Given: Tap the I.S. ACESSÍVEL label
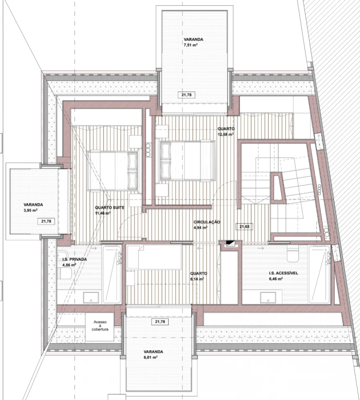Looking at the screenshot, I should pos(284,273).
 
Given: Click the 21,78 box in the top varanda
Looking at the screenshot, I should pos(186,95).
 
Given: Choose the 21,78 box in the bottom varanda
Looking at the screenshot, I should pos(160,322).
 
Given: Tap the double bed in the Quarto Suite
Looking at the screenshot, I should pos(113,170).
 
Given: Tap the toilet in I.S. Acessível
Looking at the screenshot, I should pos(292,252).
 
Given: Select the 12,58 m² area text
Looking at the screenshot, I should pos(226,135).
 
